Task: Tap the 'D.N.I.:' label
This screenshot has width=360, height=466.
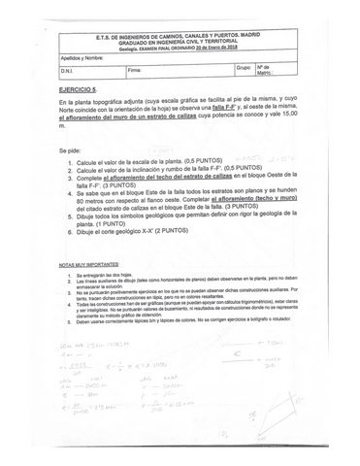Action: (x=67, y=71)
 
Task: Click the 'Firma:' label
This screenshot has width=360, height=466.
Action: (x=134, y=71)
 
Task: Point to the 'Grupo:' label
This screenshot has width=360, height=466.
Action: (x=244, y=69)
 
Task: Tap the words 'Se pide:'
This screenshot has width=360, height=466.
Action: (x=70, y=150)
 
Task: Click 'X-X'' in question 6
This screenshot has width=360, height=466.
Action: (x=146, y=229)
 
